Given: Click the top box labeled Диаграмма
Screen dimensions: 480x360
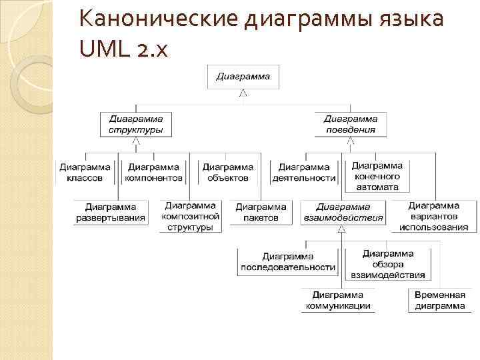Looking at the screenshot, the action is (243, 77).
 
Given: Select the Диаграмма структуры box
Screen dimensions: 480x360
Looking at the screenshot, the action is (135, 124).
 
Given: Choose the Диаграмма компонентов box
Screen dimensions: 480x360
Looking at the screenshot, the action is (153, 173).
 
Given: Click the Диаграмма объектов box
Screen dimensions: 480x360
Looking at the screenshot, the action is (227, 173).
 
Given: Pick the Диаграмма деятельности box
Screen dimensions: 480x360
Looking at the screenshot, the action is (304, 173).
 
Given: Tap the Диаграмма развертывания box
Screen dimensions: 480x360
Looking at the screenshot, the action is (110, 213).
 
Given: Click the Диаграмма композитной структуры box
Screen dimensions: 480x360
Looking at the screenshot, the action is (190, 216).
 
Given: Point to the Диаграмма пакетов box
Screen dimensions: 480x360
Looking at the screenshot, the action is (261, 213).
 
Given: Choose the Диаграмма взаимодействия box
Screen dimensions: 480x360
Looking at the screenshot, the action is (343, 213).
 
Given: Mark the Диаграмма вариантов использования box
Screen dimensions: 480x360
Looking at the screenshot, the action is (433, 216).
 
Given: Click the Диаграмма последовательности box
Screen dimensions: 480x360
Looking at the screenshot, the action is (288, 261).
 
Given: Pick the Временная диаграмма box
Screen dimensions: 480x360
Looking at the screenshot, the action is (439, 301).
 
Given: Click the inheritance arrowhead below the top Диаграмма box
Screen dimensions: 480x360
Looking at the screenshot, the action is (243, 93).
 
